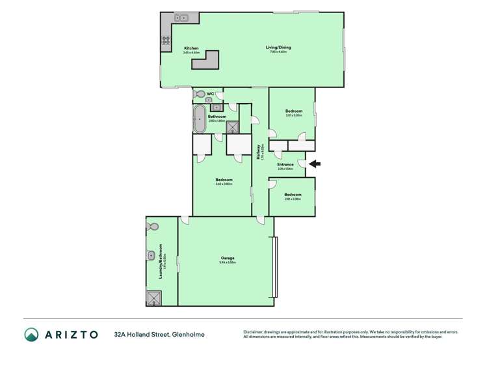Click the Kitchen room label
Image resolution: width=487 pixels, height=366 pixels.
[x=191, y=48]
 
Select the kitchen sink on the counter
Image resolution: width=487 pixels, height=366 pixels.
[x=180, y=18]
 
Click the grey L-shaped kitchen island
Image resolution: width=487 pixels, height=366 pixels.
[x=209, y=62]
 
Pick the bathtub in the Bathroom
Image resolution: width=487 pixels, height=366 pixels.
[x=198, y=119]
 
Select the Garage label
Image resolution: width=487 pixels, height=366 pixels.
[x=227, y=258]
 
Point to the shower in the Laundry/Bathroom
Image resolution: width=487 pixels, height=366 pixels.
[x=153, y=298]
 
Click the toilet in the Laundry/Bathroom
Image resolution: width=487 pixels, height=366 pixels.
[x=153, y=227]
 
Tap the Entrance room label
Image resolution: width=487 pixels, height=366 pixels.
[x=285, y=164]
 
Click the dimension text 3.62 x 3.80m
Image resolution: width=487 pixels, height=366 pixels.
[x=224, y=184]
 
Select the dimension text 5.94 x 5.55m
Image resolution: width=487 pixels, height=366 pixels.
[x=227, y=263]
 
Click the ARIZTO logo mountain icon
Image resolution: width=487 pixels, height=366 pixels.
[x=32, y=335]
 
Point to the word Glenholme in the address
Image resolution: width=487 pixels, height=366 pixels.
[x=189, y=335]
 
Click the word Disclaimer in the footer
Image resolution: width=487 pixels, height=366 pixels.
[x=256, y=332]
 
